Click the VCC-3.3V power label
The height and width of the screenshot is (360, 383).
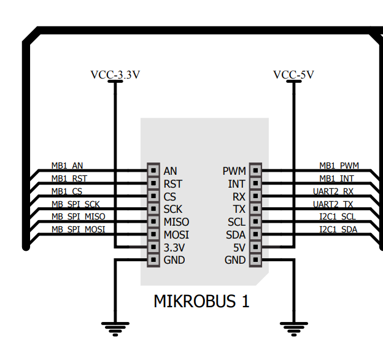(x=115, y=75)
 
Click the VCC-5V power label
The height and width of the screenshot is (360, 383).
(x=293, y=75)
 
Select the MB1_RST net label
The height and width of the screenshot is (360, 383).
(x=69, y=178)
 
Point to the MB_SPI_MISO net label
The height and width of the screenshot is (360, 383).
(x=78, y=216)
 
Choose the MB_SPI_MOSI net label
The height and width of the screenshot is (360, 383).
(x=78, y=229)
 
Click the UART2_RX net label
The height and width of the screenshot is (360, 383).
(x=333, y=191)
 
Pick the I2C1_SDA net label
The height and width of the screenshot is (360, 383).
(x=338, y=229)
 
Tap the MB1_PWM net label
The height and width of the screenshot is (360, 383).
(x=339, y=166)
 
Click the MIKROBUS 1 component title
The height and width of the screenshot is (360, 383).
(x=201, y=302)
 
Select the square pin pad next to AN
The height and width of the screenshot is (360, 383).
(x=153, y=170)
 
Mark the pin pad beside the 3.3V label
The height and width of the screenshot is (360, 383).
(x=153, y=247)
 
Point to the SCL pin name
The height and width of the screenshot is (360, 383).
(x=237, y=222)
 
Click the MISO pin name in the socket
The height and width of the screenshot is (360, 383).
(x=177, y=222)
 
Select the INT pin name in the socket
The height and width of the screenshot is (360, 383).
(x=237, y=183)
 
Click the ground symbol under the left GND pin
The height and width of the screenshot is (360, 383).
(x=115, y=327)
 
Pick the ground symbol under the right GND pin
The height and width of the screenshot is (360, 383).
(x=293, y=327)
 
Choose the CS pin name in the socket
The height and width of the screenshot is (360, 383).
(x=170, y=196)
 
